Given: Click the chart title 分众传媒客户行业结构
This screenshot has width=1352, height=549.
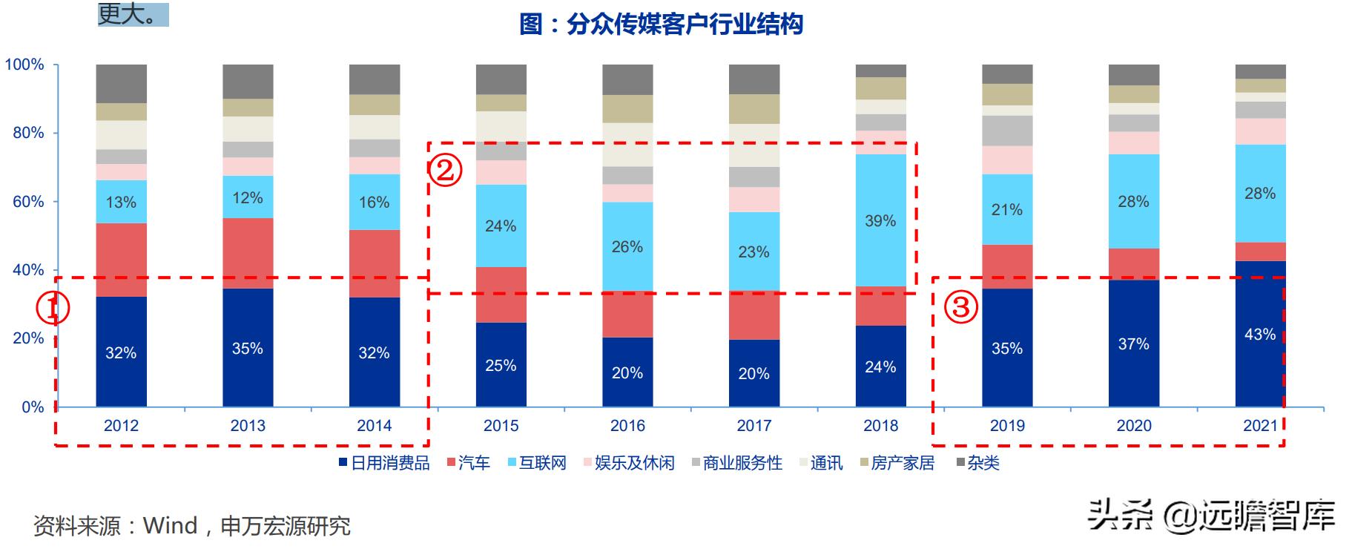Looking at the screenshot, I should coord(661,24).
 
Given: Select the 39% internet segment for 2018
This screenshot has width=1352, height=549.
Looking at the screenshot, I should coord(880,220).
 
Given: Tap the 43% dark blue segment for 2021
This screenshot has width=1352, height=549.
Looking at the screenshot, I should coord(1260,334).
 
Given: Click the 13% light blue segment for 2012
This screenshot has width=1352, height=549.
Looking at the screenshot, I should coord(121,202).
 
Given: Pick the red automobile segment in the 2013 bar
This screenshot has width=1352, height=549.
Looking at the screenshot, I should coord(248,253).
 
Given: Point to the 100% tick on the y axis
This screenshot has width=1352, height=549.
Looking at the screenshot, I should coord(24,65).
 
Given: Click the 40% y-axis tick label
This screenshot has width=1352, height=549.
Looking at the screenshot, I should coord(28,270).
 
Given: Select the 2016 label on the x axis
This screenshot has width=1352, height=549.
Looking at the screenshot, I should coord(627,426).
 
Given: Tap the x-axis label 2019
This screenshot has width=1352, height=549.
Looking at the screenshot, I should coord(1007,426).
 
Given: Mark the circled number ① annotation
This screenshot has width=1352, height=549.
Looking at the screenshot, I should coord(53,308).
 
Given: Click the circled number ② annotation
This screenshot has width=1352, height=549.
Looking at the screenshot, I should coord(445,171).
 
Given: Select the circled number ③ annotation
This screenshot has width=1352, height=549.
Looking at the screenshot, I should coord(961,306).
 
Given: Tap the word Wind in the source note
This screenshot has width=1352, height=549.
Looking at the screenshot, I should coord(170,526).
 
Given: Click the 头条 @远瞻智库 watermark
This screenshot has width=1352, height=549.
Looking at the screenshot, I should coord(1210,515).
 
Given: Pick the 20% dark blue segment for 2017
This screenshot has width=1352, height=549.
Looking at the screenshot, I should coord(754,373).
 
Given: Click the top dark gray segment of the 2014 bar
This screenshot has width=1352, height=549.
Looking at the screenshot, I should coord(375,79).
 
